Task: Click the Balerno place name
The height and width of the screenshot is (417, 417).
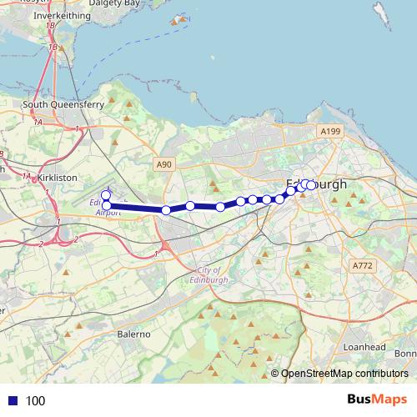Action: tap(133, 334)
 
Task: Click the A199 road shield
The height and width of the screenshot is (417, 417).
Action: tap(331, 132)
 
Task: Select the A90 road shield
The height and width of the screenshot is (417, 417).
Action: tap(164, 166)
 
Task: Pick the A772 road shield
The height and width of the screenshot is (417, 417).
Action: tap(362, 265)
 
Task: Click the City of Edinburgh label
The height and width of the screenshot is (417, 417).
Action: tap(209, 275)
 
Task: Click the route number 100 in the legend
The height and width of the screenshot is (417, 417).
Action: tap(36, 400)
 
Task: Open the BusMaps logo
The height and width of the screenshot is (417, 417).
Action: tap(377, 399)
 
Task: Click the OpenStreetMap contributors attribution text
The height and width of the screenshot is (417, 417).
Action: tap(344, 374)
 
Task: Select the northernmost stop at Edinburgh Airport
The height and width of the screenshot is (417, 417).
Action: tap(106, 195)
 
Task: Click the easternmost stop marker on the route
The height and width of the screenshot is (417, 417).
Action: tap(312, 185)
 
